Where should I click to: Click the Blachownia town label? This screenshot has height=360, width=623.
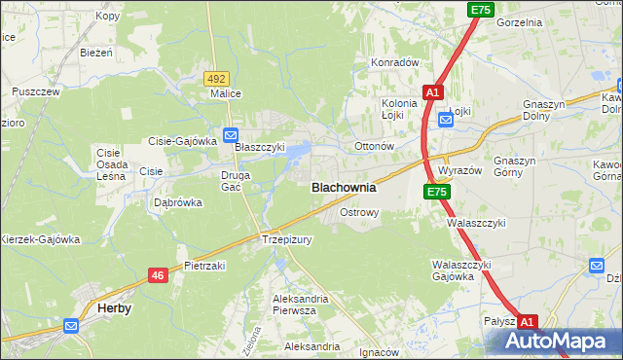(344, 188)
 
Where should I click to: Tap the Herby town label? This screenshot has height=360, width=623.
(115, 308)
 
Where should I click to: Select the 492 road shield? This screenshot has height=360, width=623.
(216, 78)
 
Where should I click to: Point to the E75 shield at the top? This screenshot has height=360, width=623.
(480, 10)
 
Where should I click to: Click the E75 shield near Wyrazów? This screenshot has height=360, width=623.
(436, 193)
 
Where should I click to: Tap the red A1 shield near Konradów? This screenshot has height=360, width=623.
(433, 92)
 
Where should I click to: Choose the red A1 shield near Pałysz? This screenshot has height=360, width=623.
(527, 321)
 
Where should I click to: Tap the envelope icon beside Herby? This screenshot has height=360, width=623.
(71, 326)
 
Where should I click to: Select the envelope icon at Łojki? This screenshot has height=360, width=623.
(445, 120)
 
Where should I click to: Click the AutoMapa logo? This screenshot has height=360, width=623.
(561, 342)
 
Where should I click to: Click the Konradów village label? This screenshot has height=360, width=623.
(393, 62)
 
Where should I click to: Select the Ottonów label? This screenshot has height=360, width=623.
(373, 147)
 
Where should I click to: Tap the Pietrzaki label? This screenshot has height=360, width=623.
(204, 266)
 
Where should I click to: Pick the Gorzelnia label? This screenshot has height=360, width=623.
(518, 21)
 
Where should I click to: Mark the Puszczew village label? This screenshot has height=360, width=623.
(36, 91)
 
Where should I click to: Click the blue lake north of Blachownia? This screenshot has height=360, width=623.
(301, 150)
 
